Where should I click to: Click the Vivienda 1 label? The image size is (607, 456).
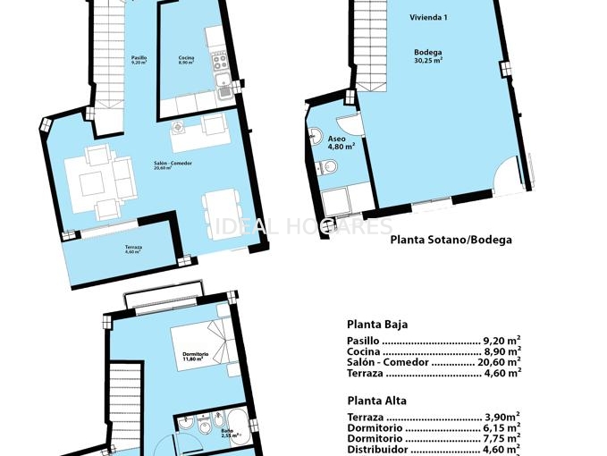click(428, 17)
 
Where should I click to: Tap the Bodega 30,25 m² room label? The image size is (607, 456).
click(428, 56)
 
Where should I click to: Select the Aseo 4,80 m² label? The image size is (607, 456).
click(341, 142)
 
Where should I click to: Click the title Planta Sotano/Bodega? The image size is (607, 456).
click(451, 240)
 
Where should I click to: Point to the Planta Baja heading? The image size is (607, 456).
click(376, 325)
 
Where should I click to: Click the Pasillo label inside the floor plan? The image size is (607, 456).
click(139, 60)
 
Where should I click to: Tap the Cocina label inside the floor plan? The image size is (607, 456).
click(186, 60)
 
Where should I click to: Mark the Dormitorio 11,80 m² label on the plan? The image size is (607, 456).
click(195, 357)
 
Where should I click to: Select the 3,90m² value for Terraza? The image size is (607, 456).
click(502, 418)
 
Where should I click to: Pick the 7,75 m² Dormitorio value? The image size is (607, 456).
click(501, 439)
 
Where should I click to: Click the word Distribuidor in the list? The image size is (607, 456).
click(375, 450)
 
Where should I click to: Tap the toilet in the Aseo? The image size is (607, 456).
click(329, 167)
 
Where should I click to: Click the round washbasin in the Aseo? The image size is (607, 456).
click(316, 136)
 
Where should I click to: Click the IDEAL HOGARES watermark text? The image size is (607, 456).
click(303, 226)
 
